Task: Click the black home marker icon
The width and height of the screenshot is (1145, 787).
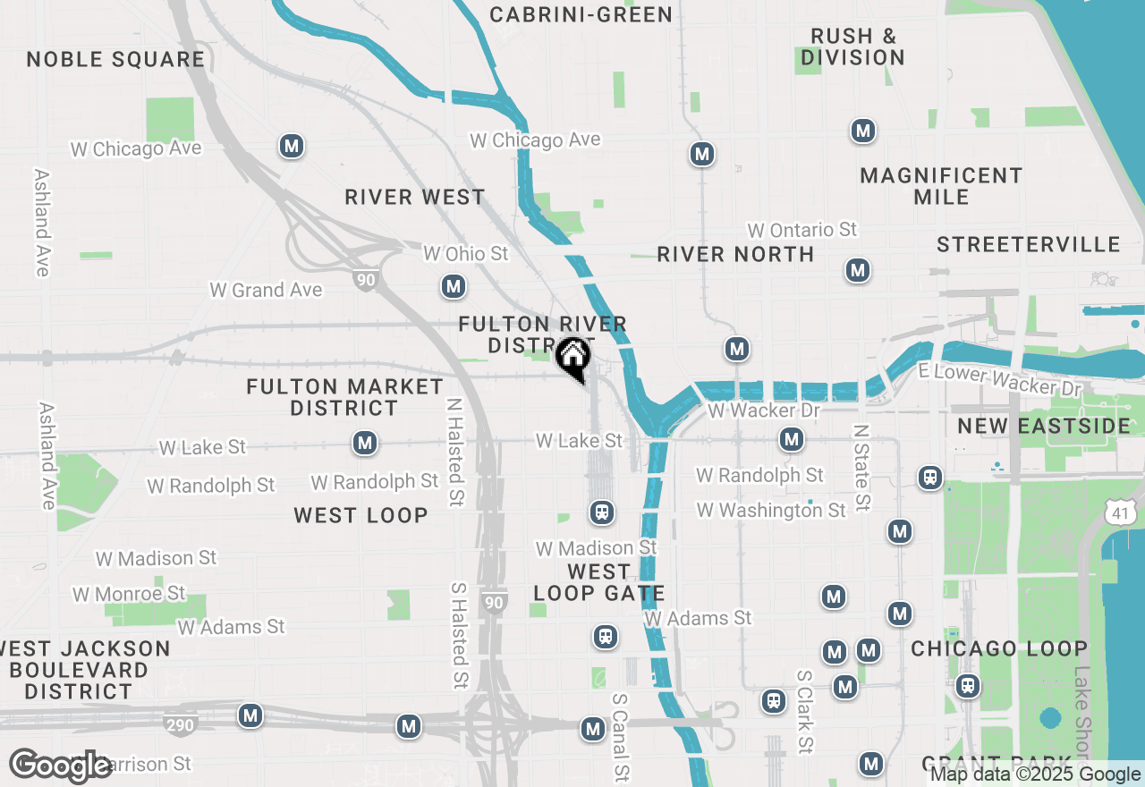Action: (x=573, y=358)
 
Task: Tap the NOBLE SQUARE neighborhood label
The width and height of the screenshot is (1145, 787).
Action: (x=115, y=60)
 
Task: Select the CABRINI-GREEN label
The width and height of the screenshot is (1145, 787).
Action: (x=581, y=14)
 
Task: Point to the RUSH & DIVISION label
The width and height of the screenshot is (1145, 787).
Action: (x=852, y=47)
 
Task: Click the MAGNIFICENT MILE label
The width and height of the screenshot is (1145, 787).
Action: (x=941, y=186)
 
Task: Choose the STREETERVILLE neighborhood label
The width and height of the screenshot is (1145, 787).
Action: (x=1029, y=244)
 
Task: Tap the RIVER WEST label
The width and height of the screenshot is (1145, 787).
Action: (x=415, y=197)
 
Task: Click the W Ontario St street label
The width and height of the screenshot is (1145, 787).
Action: (x=802, y=230)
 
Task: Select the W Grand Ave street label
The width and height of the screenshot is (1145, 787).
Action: (x=266, y=290)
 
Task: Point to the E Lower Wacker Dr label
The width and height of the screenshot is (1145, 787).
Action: (x=998, y=379)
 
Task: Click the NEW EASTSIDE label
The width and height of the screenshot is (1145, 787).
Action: (x=1044, y=426)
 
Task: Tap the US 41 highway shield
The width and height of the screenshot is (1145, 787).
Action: (x=1122, y=512)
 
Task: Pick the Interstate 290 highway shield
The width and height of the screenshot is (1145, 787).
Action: (x=180, y=724)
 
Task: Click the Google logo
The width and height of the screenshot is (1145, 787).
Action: (x=61, y=766)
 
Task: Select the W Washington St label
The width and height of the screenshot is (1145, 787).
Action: (x=771, y=510)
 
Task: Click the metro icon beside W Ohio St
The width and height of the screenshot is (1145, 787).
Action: (x=454, y=286)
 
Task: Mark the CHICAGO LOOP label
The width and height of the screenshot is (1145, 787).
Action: (x=999, y=648)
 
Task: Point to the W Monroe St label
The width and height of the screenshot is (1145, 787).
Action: (x=129, y=594)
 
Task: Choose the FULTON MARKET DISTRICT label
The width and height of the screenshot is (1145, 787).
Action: (x=344, y=397)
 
